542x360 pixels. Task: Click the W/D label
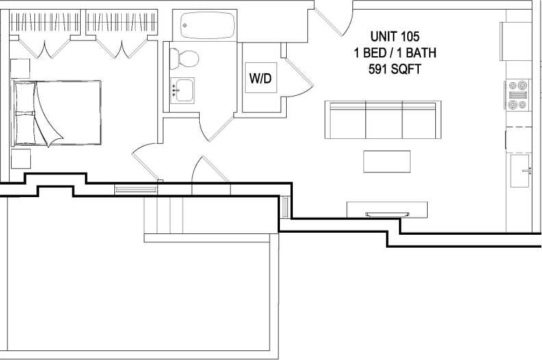pos(260,78)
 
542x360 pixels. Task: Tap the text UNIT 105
pos(394,36)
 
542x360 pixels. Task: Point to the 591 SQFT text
pos(394,68)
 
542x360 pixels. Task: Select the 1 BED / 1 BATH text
pos(394,52)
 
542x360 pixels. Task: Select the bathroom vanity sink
pos(182,90)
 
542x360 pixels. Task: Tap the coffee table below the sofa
pos(387,162)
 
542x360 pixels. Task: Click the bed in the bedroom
pos(57,113)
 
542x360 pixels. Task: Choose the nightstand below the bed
pos(21,159)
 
